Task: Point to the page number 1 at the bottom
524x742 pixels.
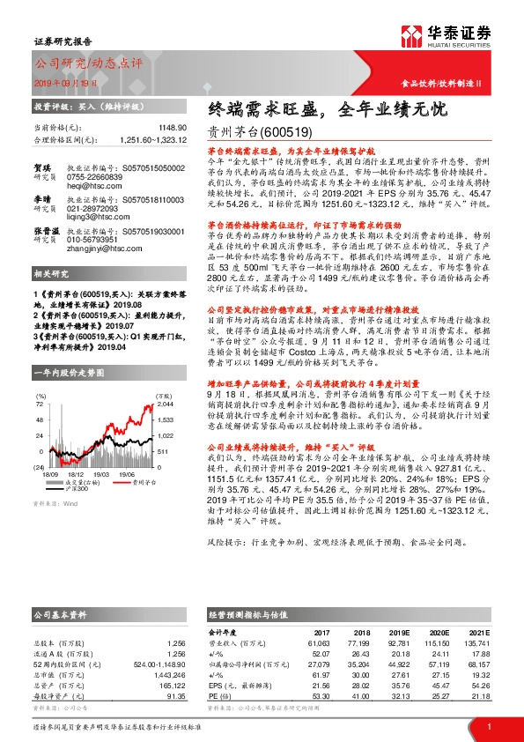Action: pyautogui.click(x=487, y=727)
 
